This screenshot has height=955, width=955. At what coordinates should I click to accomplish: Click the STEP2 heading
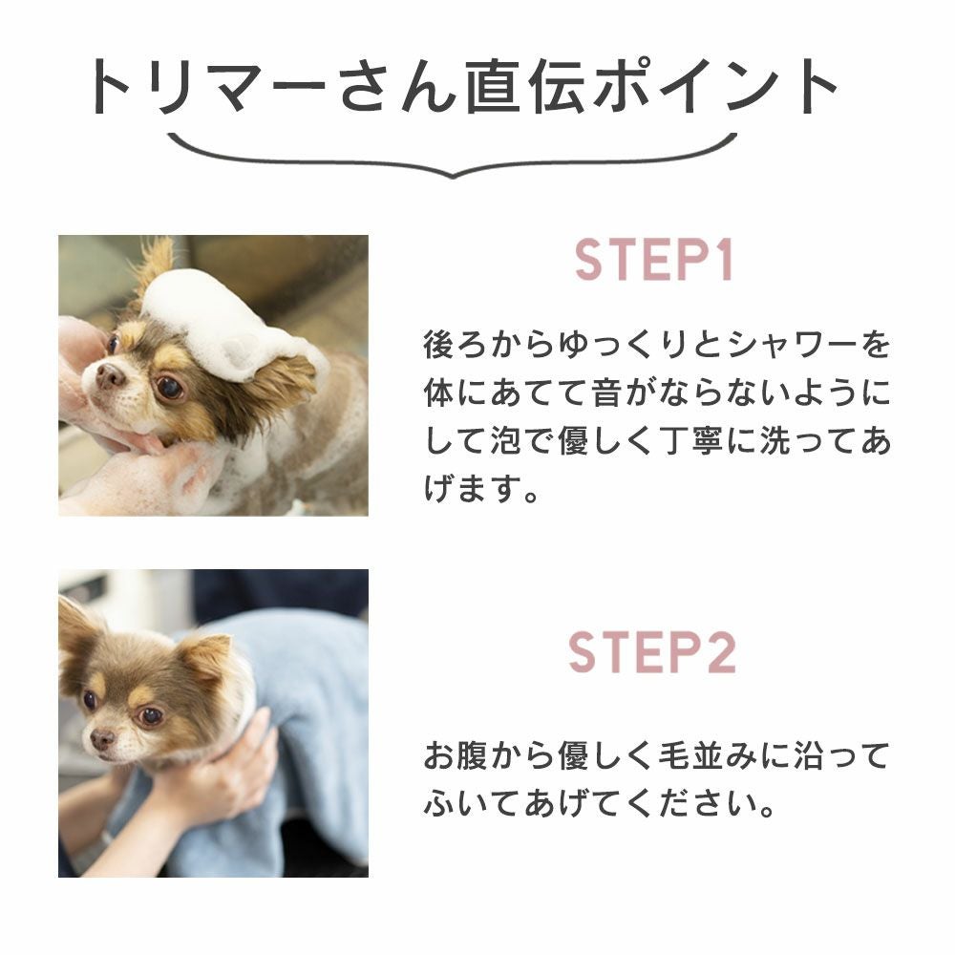click(x=652, y=651)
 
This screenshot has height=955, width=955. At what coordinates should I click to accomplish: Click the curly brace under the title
click(x=452, y=156)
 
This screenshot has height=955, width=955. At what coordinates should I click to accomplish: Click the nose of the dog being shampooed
click(x=110, y=374)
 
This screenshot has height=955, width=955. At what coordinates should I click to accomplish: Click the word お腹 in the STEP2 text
click(x=456, y=755)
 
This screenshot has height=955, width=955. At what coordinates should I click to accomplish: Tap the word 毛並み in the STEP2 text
click(x=709, y=755)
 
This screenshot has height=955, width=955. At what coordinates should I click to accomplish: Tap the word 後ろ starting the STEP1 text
click(x=456, y=345)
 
